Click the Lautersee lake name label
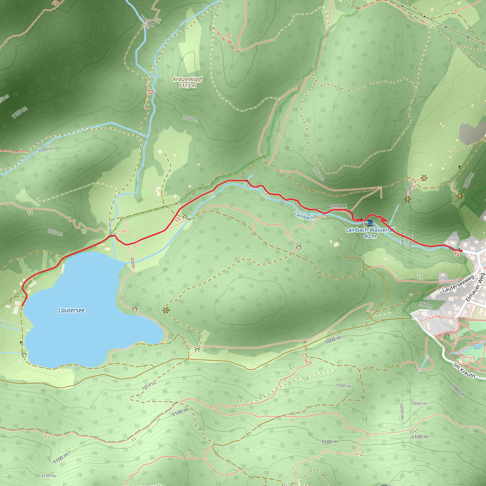[x=71, y=310]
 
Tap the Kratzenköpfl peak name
[x=188, y=79]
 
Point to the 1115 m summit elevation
[x=188, y=86]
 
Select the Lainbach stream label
[x=304, y=215]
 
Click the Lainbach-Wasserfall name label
[x=370, y=230]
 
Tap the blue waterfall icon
[x=370, y=223]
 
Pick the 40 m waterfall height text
[x=370, y=236]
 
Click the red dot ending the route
[x=461, y=251]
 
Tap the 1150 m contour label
[x=49, y=476]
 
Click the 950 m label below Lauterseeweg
[x=425, y=305]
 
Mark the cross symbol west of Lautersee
[x=21, y=343]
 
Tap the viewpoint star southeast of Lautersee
[x=166, y=311]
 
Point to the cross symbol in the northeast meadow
[x=460, y=167]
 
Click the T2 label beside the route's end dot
[x=457, y=254]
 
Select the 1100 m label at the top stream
[x=147, y=21]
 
